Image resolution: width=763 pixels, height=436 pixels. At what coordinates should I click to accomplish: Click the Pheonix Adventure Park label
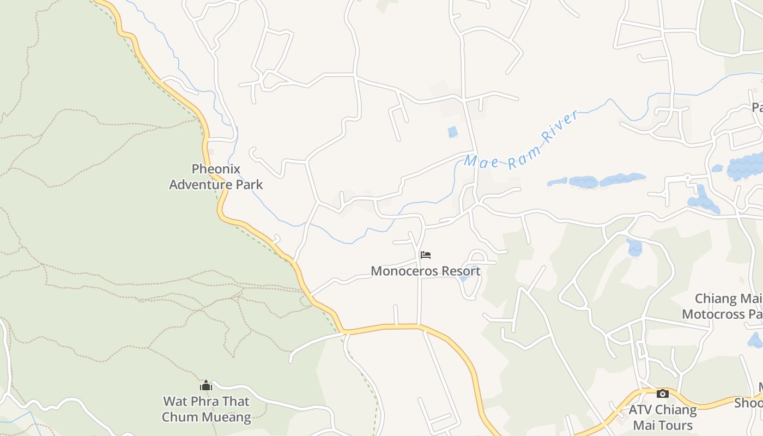pyautogui.click(x=216, y=177)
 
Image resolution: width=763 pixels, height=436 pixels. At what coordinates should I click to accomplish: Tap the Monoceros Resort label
pyautogui.click(x=426, y=271)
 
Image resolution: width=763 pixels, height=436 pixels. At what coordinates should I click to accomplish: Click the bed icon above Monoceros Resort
pyautogui.click(x=426, y=255)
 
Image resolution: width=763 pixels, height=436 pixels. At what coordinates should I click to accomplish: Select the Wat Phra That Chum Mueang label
pyautogui.click(x=207, y=409)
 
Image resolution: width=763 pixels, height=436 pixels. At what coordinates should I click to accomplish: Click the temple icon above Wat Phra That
pyautogui.click(x=206, y=386)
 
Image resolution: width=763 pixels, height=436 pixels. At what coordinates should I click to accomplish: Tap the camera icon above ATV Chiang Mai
pyautogui.click(x=663, y=393)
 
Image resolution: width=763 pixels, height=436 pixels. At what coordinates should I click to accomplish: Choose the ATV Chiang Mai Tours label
pyautogui.click(x=663, y=417)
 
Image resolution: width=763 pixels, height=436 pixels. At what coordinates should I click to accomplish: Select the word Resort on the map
pyautogui.click(x=461, y=271)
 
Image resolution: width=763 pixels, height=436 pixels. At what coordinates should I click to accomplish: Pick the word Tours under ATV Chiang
pyautogui.click(x=675, y=425)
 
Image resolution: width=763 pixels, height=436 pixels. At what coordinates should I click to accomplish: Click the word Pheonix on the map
pyautogui.click(x=216, y=169)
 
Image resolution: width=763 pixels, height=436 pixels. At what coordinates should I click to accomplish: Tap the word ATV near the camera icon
pyautogui.click(x=641, y=410)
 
